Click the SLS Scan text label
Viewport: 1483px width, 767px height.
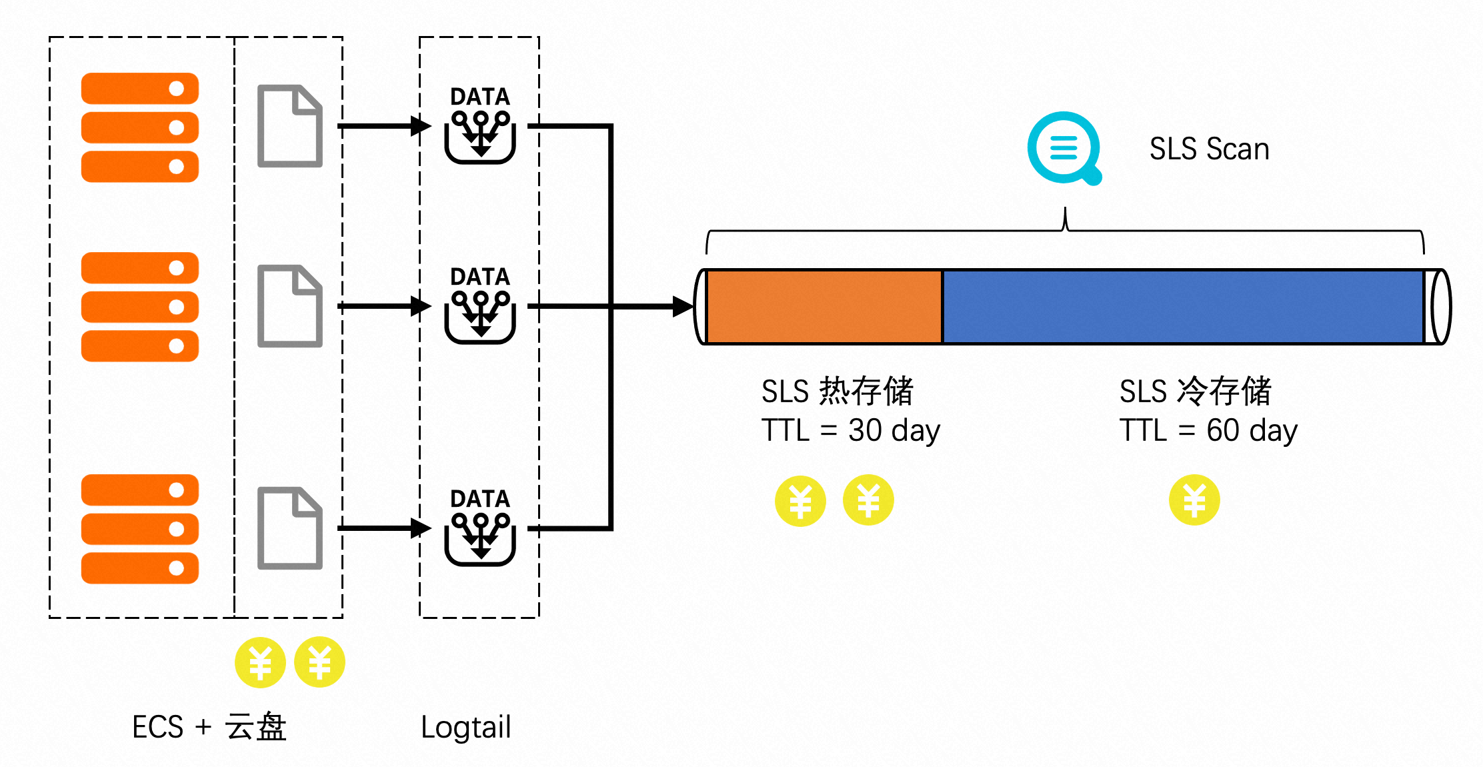tap(1209, 149)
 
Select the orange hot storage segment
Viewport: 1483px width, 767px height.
tap(824, 307)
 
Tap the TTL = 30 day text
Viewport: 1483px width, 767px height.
tap(850, 431)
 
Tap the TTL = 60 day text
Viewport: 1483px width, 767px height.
tap(1208, 431)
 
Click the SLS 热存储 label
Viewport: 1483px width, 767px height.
tap(837, 391)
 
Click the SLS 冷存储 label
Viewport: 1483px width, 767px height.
tap(1195, 391)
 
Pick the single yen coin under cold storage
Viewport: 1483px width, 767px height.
tap(1194, 500)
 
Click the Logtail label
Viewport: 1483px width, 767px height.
tap(465, 727)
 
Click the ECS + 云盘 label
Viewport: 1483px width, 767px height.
tap(209, 727)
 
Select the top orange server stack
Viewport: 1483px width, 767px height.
tap(140, 127)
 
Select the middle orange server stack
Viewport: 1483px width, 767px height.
tap(140, 307)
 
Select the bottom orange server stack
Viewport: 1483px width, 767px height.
tap(140, 529)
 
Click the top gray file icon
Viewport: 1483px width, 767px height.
tap(290, 126)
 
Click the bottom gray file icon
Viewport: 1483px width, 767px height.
tap(290, 528)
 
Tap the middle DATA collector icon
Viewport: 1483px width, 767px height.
tap(480, 316)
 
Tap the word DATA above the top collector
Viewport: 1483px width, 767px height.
tap(480, 97)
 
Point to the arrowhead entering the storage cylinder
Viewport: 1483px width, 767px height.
tap(683, 307)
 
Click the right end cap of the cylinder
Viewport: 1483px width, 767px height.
tap(1440, 307)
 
